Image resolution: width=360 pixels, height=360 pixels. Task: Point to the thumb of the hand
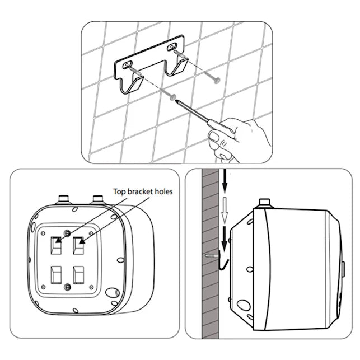pyautogui.click(x=216, y=137)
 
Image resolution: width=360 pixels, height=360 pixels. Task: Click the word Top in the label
pyautogui.click(x=120, y=191)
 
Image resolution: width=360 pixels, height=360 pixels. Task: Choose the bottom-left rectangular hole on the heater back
pyautogui.click(x=57, y=275)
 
